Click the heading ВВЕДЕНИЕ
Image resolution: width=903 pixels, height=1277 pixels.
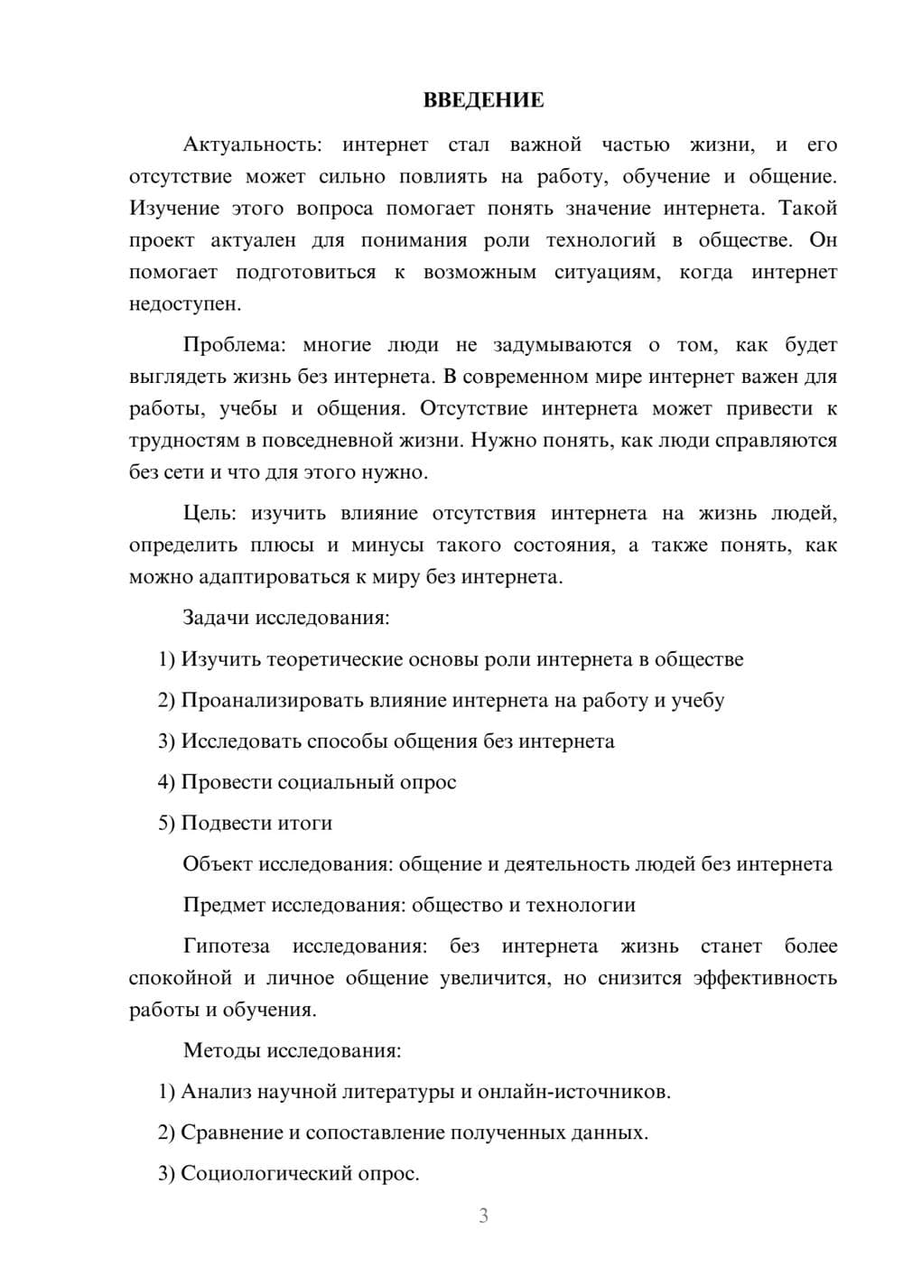(483, 100)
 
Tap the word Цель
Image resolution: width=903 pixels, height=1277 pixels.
(209, 513)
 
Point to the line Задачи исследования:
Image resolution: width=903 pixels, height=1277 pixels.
(286, 618)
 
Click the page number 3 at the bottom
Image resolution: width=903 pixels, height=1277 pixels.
(483, 1216)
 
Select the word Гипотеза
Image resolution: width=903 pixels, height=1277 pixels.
(226, 946)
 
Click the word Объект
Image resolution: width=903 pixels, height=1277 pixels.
(218, 864)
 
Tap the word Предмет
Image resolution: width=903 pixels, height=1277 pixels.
(224, 905)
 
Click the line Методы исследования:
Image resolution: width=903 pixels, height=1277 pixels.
(292, 1050)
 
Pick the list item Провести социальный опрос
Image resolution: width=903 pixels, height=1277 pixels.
(319, 782)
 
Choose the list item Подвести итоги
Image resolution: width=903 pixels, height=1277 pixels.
(256, 823)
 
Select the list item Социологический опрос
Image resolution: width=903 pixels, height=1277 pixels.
(300, 1173)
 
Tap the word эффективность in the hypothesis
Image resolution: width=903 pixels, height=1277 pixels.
(765, 978)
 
